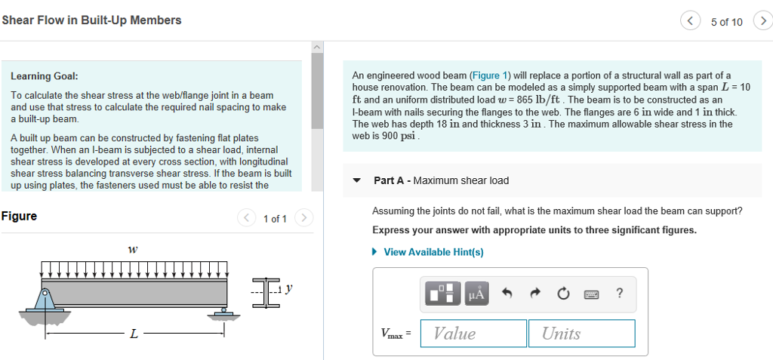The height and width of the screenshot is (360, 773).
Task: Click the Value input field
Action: pos(473,334)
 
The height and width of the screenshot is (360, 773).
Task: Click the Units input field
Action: pos(581,334)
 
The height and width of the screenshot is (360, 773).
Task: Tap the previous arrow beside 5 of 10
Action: pos(691,21)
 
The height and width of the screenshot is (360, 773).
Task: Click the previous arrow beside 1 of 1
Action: pos(247,218)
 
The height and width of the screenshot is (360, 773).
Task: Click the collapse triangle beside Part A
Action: pos(357,181)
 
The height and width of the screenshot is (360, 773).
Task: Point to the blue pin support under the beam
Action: pos(45,300)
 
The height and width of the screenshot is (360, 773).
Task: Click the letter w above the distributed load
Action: pos(133,248)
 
